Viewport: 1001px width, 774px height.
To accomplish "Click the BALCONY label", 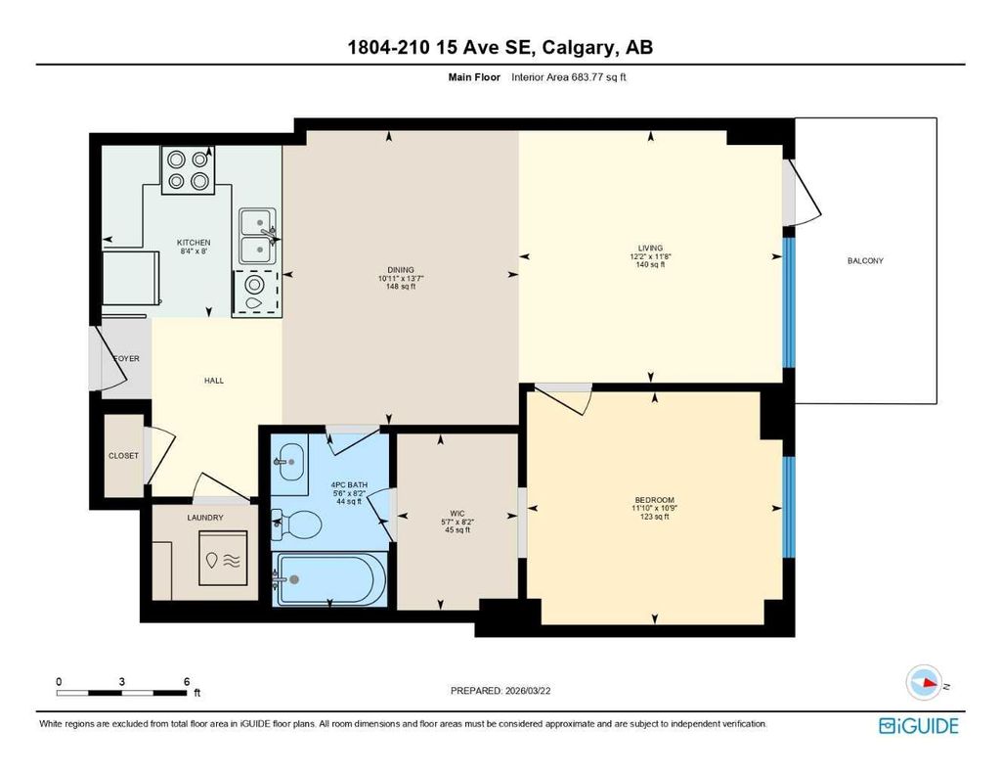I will coord(866,260).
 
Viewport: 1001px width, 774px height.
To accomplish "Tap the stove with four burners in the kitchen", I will coord(188,169).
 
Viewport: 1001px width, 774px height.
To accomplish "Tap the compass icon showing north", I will coord(923,682).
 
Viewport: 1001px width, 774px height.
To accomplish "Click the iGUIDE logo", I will coord(919,725).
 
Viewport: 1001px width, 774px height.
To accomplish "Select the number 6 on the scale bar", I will coord(186,681).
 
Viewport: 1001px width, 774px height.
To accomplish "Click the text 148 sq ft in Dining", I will coord(401,287).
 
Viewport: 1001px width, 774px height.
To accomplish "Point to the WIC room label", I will coord(457,512).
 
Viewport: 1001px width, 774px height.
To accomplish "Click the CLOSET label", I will coord(124,456).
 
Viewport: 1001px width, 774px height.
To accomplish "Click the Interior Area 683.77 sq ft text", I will coord(568,77).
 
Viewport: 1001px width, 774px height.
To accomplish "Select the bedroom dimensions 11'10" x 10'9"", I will coord(653,508).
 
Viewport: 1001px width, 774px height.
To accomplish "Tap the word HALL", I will coord(214,381).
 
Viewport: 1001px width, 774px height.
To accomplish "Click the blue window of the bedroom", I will coord(788,507).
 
